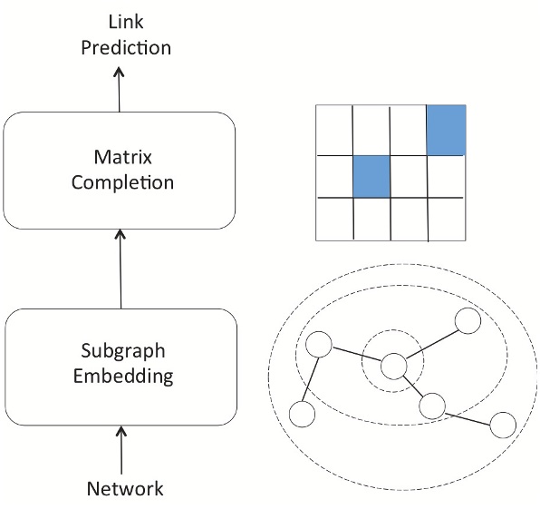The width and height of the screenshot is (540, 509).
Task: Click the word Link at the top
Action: point(125,21)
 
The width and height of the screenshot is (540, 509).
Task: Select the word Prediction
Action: point(125,46)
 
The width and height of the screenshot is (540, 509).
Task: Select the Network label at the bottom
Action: point(124,489)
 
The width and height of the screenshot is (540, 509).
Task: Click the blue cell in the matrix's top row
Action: point(445,129)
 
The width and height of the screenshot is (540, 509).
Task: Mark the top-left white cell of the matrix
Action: point(333,129)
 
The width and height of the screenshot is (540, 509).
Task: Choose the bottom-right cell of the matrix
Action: point(445,220)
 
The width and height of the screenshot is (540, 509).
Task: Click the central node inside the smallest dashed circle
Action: point(392,367)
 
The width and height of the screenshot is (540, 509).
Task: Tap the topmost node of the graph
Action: point(468,320)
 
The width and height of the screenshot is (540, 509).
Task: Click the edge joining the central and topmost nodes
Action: point(430,343)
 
